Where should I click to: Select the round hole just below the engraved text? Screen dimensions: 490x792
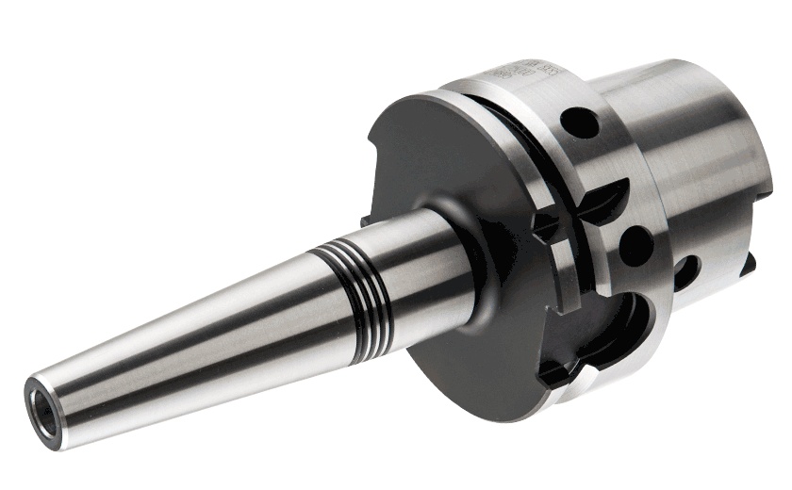pyautogui.click(x=583, y=123)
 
